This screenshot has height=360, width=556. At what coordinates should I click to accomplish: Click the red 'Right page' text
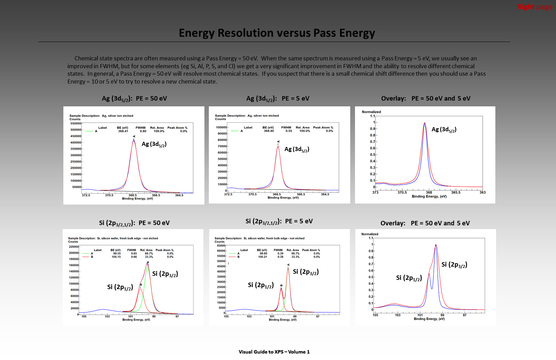tap(534, 7)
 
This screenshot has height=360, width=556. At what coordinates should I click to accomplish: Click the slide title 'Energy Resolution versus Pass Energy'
tap(277, 33)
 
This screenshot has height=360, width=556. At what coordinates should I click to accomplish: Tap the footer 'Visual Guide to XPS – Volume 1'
tap(274, 352)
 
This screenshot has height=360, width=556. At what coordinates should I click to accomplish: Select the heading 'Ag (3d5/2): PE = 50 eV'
tap(134, 99)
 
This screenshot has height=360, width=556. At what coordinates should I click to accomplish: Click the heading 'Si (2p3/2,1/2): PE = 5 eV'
tap(279, 221)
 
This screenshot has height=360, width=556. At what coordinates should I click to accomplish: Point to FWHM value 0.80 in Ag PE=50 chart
tap(143, 131)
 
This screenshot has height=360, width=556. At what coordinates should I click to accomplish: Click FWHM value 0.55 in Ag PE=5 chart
tap(289, 131)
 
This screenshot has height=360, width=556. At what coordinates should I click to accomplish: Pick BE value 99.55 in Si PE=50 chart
tap(117, 254)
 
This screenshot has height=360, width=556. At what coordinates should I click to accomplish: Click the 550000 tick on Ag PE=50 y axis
tap(76, 123)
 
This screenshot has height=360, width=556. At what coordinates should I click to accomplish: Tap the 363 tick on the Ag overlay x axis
tap(482, 193)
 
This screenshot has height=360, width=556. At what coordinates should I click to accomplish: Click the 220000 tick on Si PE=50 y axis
tap(74, 246)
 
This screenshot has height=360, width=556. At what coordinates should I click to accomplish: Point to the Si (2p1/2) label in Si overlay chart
tap(409, 278)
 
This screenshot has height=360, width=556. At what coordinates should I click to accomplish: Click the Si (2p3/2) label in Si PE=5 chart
tap(306, 272)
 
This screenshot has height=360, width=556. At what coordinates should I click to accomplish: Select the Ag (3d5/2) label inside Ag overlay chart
tap(444, 130)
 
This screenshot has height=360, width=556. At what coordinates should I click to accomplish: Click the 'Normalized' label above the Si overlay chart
tap(370, 234)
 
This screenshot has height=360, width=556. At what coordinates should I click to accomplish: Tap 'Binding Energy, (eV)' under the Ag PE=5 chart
tap(283, 198)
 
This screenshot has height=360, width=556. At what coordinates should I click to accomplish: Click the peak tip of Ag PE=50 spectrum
tap(134, 140)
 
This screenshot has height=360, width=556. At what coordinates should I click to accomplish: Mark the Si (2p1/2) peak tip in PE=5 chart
tap(281, 288)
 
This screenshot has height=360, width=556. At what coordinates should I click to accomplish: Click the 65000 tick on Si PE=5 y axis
tap(221, 245)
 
